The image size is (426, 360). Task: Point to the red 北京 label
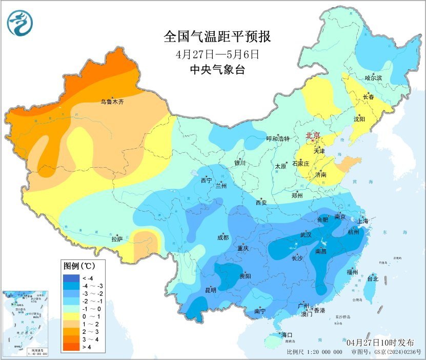(313, 135)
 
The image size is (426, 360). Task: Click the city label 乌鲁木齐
(112, 102)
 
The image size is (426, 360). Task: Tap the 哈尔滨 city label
(374, 78)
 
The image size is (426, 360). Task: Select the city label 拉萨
(117, 238)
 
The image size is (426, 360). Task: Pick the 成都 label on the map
(223, 237)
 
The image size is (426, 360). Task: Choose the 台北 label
(373, 279)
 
